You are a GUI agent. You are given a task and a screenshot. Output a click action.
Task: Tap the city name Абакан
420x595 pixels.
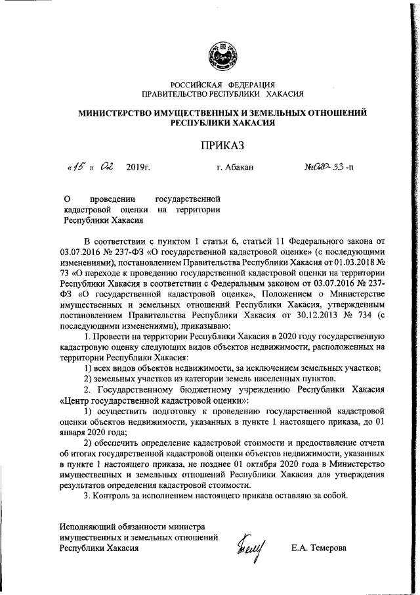coord(240,168)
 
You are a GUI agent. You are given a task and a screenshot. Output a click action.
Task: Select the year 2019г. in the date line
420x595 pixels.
coord(138,168)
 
